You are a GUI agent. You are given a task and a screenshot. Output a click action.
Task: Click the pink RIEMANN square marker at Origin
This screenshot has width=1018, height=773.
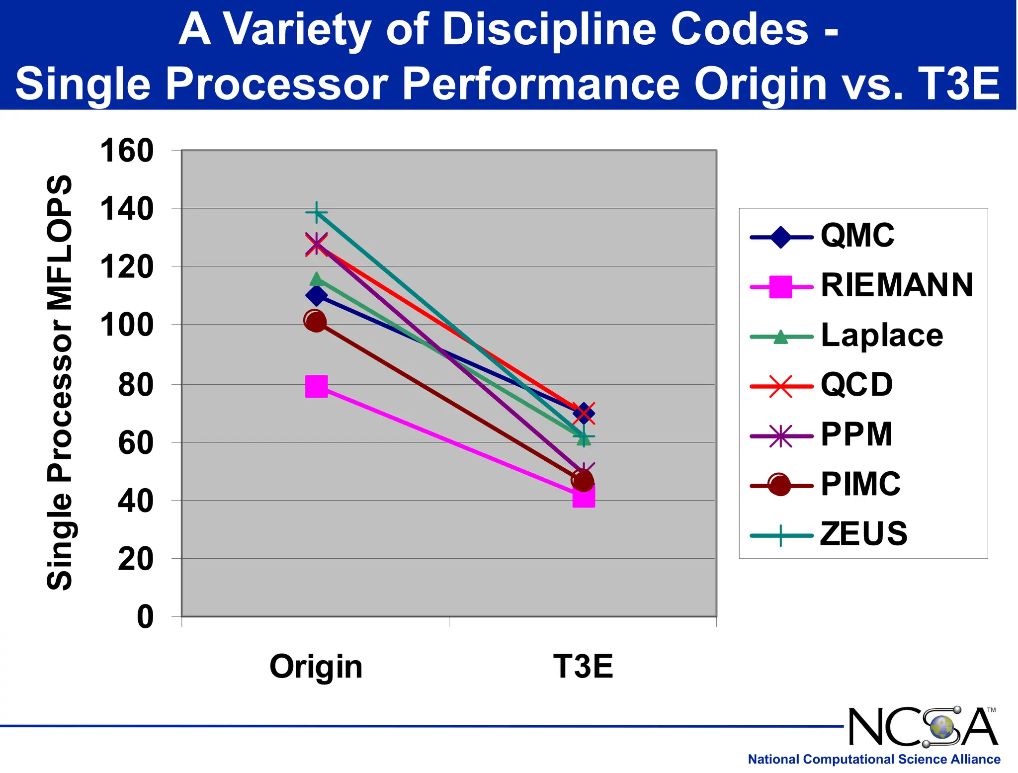316,386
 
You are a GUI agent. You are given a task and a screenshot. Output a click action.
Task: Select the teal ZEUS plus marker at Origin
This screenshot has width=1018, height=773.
316,213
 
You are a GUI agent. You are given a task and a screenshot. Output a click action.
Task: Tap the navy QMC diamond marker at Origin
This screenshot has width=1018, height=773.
316,296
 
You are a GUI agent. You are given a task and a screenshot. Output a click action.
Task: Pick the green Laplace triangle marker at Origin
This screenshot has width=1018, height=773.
316,279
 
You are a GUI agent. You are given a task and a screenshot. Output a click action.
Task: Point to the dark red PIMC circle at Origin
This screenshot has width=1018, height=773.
315,321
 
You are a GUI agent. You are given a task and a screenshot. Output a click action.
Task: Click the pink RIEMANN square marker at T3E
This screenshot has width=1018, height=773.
584,497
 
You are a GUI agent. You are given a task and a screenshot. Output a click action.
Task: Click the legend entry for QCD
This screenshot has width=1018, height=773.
856,385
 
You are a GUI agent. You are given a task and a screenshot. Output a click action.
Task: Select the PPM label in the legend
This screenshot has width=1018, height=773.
856,434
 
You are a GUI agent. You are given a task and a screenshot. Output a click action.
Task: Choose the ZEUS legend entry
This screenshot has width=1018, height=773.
863,534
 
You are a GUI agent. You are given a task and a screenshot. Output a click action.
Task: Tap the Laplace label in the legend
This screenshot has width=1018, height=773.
881,335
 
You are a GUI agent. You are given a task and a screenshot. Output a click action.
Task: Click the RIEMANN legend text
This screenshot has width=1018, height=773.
896,285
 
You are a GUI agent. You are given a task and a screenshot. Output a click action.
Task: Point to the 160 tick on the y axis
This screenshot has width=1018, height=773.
127,151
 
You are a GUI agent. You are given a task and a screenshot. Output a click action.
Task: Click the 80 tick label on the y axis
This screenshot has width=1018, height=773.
135,385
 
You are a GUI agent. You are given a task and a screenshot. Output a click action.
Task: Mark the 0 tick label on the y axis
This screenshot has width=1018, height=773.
145,617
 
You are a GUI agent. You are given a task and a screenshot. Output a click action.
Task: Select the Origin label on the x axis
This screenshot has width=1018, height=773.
316,667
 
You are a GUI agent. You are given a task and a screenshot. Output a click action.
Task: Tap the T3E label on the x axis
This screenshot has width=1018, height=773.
583,667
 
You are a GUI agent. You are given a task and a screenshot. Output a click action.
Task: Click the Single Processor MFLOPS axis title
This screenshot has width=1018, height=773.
60,383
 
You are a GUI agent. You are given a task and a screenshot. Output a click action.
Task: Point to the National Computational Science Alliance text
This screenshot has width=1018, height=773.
874,760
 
